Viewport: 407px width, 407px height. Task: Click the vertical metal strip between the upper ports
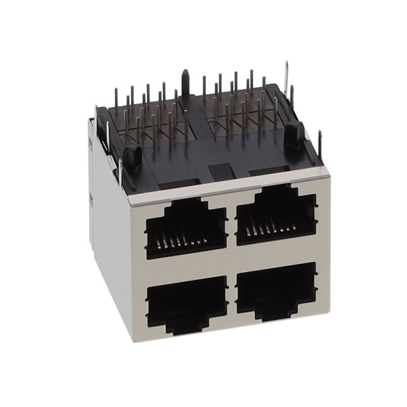tap(232, 225)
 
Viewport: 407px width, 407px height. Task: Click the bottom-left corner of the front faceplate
tap(134, 340)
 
